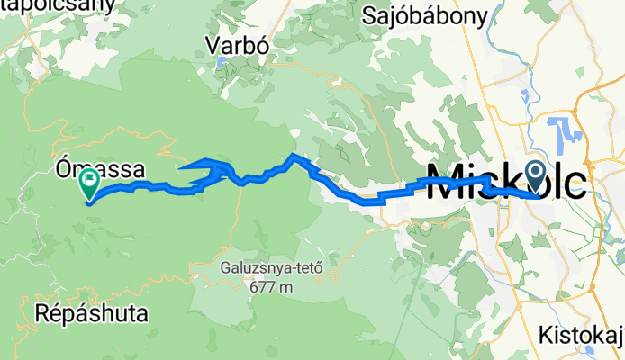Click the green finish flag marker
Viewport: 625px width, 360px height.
[x=90, y=184]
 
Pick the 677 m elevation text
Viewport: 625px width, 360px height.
[x=274, y=287]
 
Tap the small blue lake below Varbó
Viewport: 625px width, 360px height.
[x=221, y=64]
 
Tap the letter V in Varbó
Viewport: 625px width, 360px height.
[x=212, y=43]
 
